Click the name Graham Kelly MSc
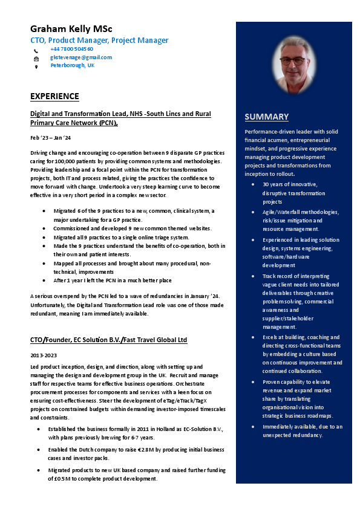click(x=71, y=29)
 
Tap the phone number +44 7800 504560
click(x=71, y=49)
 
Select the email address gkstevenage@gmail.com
click(x=80, y=57)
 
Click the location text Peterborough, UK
click(x=72, y=65)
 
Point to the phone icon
click(x=36, y=50)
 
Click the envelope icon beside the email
click(x=36, y=59)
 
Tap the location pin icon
click(x=36, y=66)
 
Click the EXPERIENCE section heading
click(x=54, y=96)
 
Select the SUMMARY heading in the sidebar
click(x=266, y=117)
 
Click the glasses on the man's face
click(x=293, y=60)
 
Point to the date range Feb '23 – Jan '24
click(x=50, y=138)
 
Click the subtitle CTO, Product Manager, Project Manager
click(x=99, y=40)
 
